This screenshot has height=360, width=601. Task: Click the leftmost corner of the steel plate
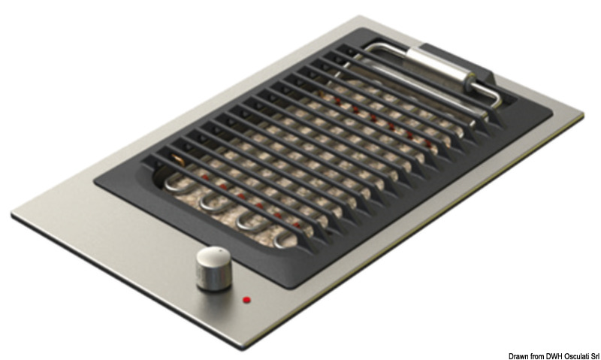13,215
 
